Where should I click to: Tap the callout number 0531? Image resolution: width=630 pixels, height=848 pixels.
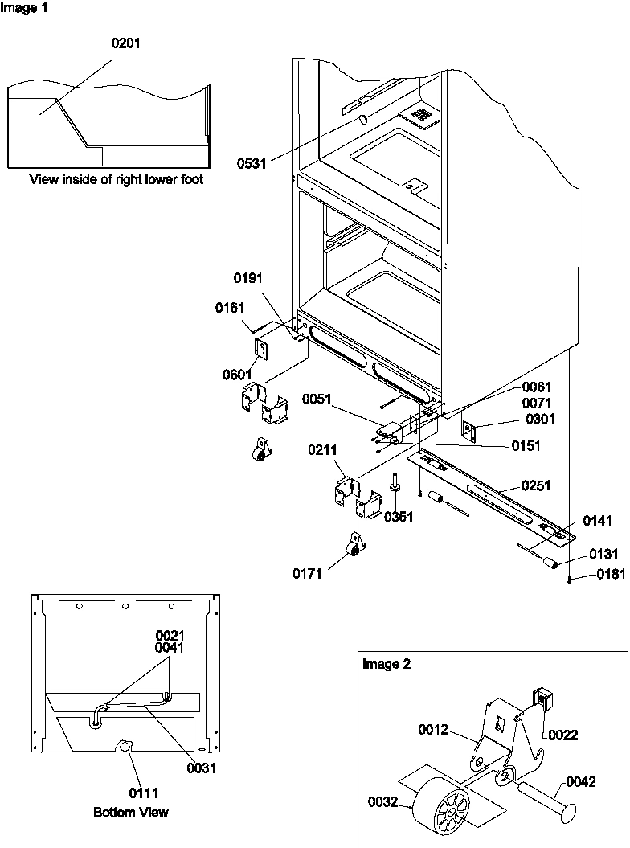(252, 163)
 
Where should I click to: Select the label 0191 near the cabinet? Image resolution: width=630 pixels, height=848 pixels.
(249, 278)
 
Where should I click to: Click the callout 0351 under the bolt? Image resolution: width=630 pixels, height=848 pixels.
(398, 518)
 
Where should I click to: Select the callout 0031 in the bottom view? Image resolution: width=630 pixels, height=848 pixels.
(201, 768)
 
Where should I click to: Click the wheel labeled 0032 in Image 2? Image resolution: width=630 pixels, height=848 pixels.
(440, 813)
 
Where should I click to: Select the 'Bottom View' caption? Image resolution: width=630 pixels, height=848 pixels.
(131, 813)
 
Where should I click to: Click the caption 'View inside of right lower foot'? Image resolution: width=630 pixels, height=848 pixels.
(116, 179)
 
